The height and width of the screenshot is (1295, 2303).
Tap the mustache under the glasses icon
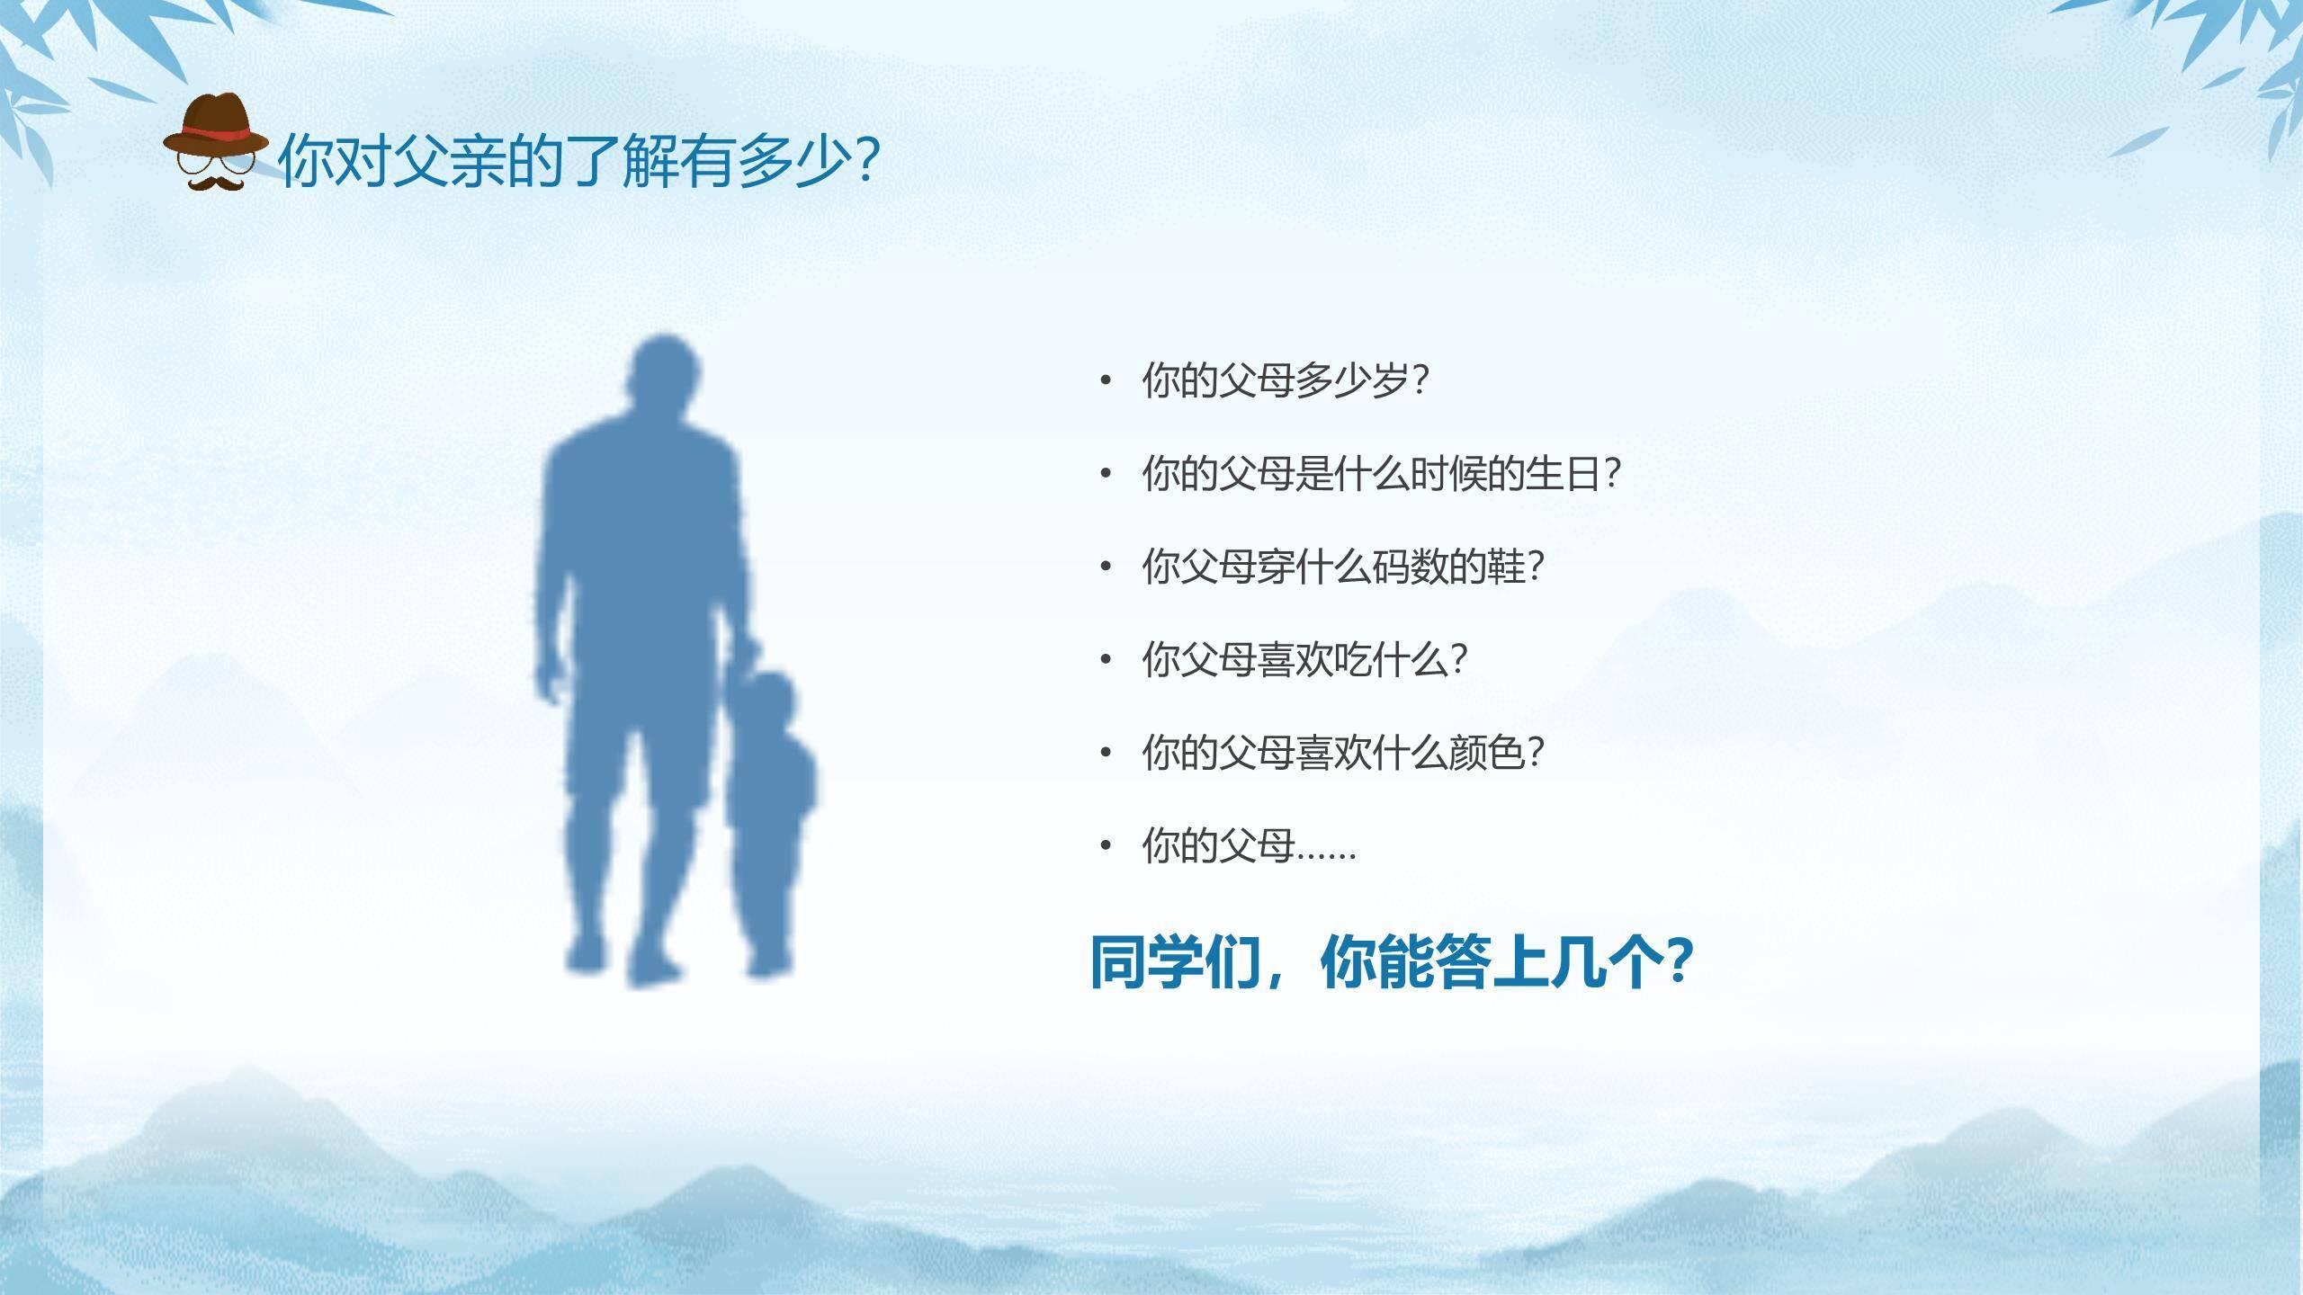pyautogui.click(x=216, y=183)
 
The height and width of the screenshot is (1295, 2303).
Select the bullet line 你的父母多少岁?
pyautogui.click(x=1285, y=381)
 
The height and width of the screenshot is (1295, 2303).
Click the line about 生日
pyautogui.click(x=1380, y=474)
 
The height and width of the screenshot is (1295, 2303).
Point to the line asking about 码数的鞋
pyautogui.click(x=1342, y=567)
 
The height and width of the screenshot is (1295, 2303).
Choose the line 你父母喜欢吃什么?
pyautogui.click(x=1304, y=660)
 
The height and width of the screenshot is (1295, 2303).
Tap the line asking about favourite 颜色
pyautogui.click(x=1342, y=753)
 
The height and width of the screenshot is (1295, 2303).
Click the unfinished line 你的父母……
pyautogui.click(x=1249, y=846)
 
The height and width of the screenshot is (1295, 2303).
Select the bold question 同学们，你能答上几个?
pyautogui.click(x=1391, y=963)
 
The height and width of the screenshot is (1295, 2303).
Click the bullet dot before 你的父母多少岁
pyautogui.click(x=1107, y=381)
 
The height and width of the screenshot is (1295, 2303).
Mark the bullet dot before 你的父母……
pyautogui.click(x=1107, y=846)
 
